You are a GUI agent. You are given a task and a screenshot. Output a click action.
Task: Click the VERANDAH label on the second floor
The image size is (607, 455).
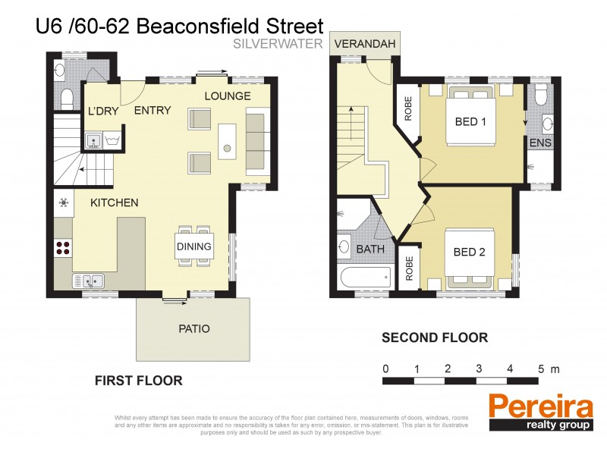click(x=366, y=45)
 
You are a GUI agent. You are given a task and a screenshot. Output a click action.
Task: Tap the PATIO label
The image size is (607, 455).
click(x=194, y=329)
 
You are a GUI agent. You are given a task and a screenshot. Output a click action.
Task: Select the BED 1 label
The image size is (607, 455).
click(x=470, y=121)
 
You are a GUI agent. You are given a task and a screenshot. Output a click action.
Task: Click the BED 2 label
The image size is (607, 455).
click(x=469, y=252)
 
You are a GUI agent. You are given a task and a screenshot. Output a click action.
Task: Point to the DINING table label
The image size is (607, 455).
click(x=193, y=246)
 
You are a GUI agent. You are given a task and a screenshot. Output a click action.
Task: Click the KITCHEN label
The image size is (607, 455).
click(x=114, y=202)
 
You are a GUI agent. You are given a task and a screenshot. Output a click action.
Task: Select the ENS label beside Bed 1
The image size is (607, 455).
click(x=541, y=143)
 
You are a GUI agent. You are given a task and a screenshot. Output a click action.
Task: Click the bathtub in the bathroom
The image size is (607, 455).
click(x=365, y=278)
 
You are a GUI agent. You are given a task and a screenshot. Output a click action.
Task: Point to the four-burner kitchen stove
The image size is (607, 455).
click(x=63, y=247)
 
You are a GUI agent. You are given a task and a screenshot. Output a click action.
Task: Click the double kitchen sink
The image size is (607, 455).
click(x=90, y=281)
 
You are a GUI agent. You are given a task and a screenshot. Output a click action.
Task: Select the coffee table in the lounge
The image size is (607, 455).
click(x=226, y=140)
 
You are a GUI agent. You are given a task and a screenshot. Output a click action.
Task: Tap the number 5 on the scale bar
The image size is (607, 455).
click(x=540, y=369)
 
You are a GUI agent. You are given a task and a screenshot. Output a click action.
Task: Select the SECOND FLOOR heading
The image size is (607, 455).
click(x=434, y=337)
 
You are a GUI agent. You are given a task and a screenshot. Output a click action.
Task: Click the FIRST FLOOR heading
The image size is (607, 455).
click(x=138, y=381)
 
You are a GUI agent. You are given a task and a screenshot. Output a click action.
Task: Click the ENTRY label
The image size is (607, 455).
click(x=152, y=111)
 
